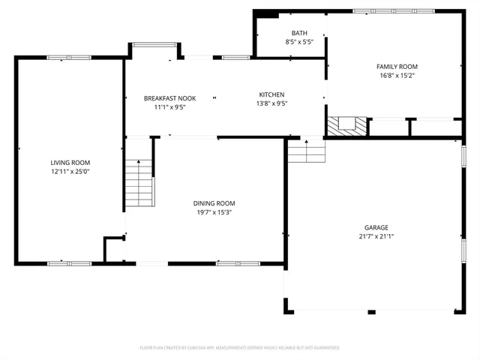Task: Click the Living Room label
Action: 70,163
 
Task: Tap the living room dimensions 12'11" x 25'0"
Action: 70,172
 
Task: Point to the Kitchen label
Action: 271,94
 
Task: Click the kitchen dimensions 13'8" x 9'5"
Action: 271,103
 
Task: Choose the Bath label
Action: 299,33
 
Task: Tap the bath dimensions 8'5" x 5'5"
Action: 299,42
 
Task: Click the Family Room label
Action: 397,67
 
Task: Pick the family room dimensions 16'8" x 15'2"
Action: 397,76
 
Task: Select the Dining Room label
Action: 214,203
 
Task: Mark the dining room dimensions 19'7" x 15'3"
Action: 214,212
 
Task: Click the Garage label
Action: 376,227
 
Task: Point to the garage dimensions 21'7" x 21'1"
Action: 376,236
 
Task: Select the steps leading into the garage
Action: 307,152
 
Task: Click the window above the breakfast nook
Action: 154,45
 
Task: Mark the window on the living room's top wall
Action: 69,57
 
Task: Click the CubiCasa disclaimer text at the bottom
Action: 240,348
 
